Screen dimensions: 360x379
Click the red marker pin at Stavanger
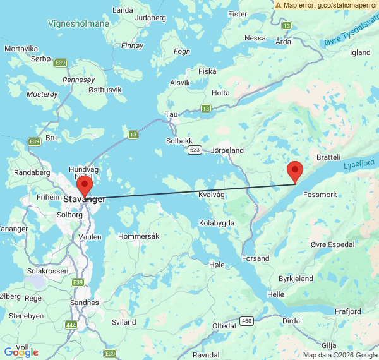84,187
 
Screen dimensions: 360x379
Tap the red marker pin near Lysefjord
294,171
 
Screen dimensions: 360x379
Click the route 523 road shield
195,150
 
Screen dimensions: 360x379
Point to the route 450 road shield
247,321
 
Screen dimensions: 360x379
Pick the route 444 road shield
70,325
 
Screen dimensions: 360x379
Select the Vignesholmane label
79,23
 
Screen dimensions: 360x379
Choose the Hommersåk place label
139,236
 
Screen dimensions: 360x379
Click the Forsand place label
256,258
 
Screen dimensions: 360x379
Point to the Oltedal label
224,325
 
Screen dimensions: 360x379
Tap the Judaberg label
150,18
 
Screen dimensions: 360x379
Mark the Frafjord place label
348,311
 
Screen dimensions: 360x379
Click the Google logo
21,352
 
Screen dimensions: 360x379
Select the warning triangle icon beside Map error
278,4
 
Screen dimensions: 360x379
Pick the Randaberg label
32,172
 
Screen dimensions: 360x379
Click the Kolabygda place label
217,223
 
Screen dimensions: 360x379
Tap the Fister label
238,13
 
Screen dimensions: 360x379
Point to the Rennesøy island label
78,80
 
